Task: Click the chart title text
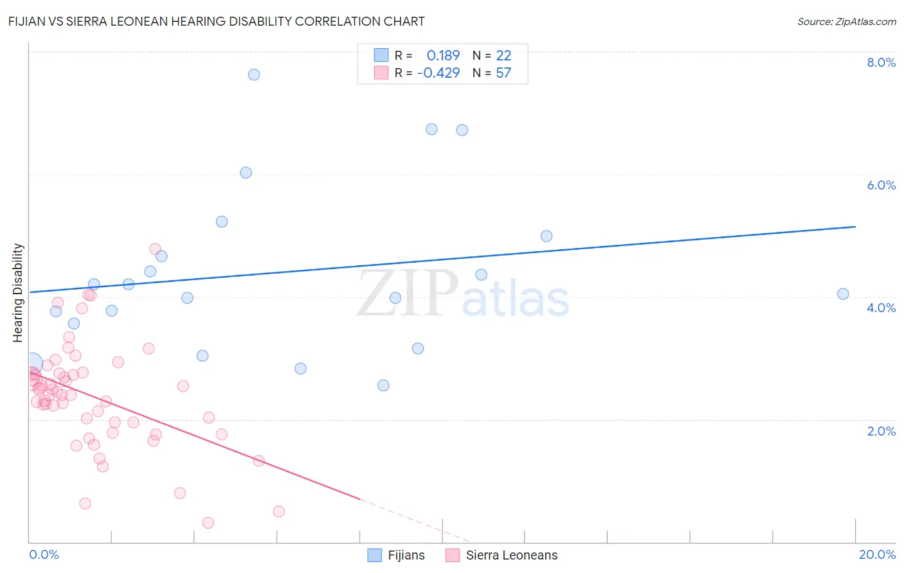click(216, 21)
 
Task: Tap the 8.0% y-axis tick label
click(881, 62)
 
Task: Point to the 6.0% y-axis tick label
click(881, 185)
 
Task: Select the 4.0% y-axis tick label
click(881, 308)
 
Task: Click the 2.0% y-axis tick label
click(881, 430)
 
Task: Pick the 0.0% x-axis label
click(44, 554)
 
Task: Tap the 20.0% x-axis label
click(877, 554)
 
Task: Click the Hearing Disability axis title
click(18, 292)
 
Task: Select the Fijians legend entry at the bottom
click(396, 555)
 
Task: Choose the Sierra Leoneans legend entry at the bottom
click(502, 555)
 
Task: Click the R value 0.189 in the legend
click(443, 56)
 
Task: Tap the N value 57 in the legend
click(503, 73)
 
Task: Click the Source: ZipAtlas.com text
click(846, 21)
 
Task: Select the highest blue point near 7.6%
click(254, 75)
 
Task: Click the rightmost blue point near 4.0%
click(843, 294)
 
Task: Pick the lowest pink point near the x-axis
click(208, 523)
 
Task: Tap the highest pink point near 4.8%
click(155, 249)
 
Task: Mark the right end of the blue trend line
click(855, 227)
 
